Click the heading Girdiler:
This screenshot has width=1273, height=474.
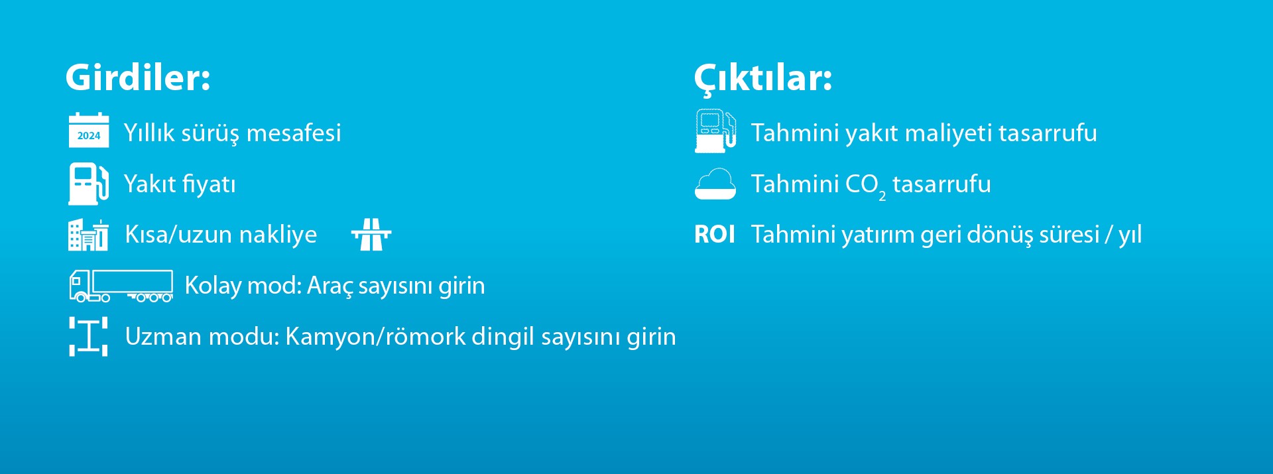[138, 78]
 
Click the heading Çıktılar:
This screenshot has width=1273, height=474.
[763, 79]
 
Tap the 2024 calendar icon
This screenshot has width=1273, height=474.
[89, 130]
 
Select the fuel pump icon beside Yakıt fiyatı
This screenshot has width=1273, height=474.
[89, 183]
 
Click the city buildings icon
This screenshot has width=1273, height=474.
[88, 235]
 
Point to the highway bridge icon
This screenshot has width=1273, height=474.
[371, 235]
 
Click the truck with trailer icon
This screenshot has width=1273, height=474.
[121, 286]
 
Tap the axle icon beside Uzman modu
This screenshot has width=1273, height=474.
[88, 337]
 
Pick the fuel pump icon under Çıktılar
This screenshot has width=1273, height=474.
[715, 131]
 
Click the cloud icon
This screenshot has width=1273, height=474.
[715, 184]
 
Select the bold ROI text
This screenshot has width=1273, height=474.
[715, 235]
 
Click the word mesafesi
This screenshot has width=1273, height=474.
[294, 133]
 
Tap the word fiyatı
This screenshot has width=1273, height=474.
[208, 184]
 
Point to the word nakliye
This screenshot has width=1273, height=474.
[278, 235]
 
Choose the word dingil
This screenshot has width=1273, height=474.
[503, 337]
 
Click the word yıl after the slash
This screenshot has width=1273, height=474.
[1130, 235]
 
